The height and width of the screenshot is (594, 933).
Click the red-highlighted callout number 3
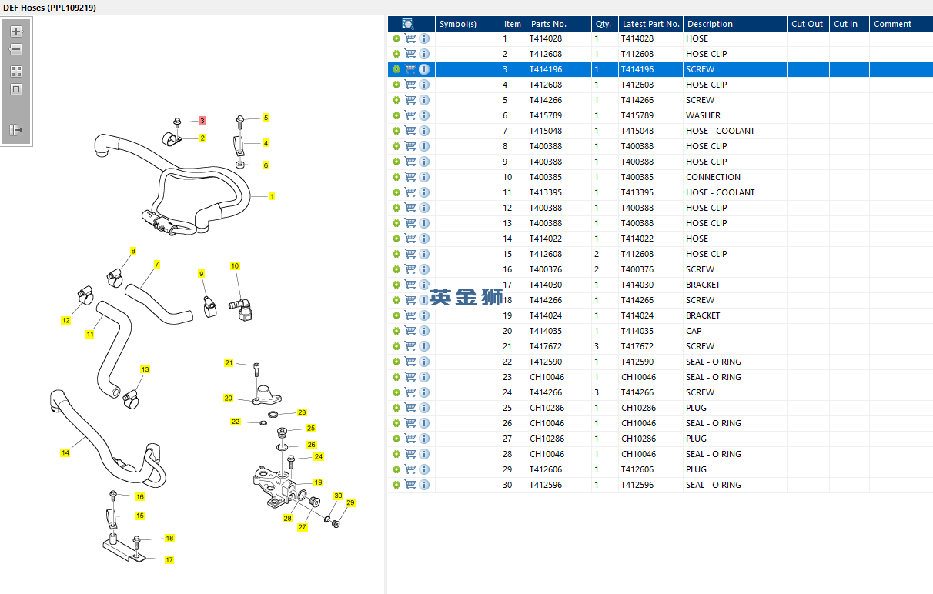click(202, 121)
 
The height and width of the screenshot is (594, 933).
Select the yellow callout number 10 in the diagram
click(235, 266)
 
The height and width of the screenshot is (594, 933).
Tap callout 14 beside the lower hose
click(65, 452)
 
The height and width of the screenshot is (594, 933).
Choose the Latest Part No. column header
click(650, 24)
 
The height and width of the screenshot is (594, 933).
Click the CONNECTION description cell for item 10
click(713, 177)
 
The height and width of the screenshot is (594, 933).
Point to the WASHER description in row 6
click(703, 115)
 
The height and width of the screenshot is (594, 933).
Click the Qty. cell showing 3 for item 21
click(597, 346)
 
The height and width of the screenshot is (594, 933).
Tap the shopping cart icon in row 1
click(410, 38)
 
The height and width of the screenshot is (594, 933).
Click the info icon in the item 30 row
click(424, 485)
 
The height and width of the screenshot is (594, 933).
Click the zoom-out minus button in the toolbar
click(16, 49)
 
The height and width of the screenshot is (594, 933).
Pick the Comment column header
click(892, 24)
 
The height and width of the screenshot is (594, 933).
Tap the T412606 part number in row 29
click(545, 469)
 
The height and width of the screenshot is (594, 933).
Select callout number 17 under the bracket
click(169, 560)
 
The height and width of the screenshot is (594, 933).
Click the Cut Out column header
click(807, 24)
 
